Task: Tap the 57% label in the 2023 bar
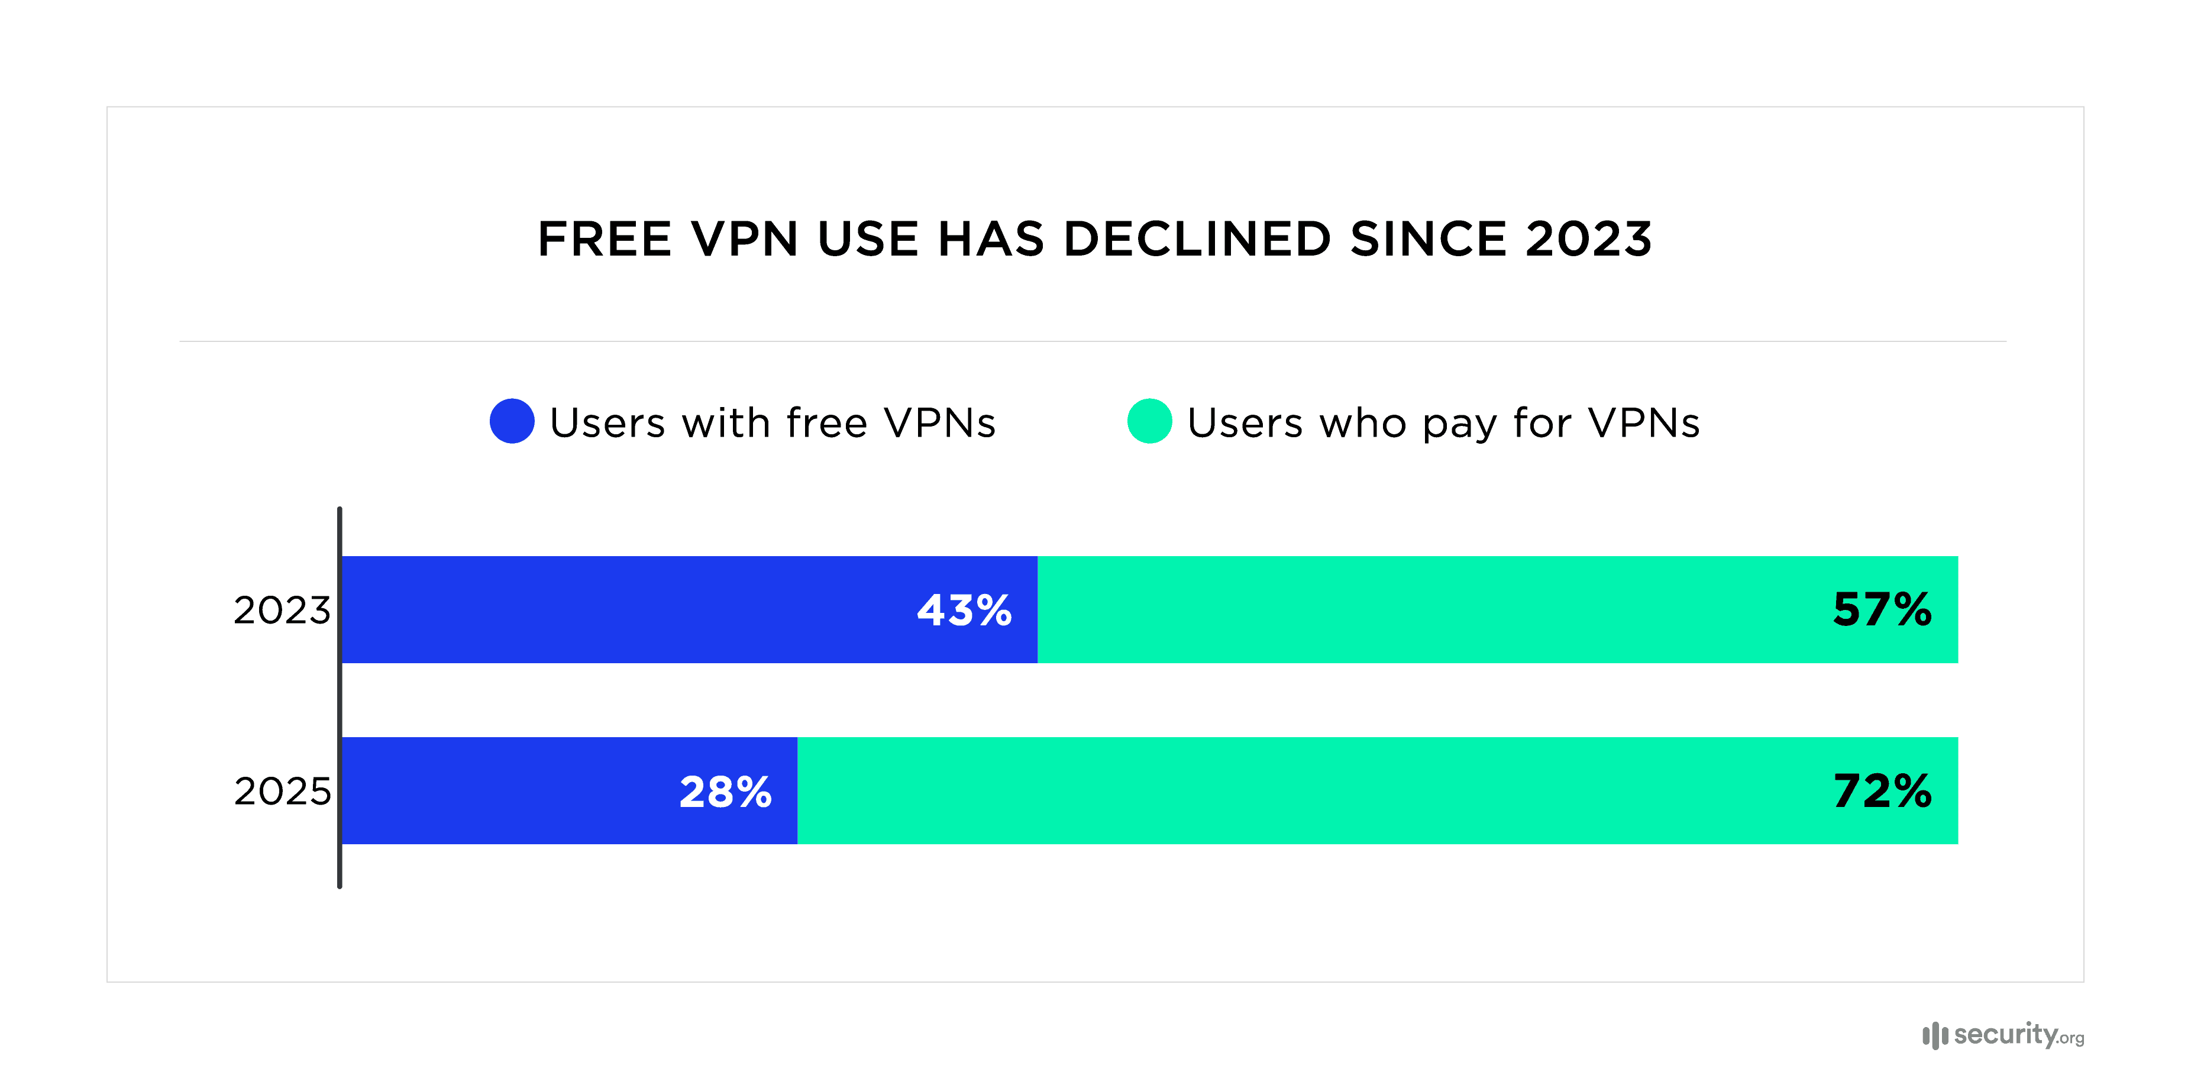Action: [x=1882, y=610]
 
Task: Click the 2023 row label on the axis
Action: [x=282, y=611]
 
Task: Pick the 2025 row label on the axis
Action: [x=282, y=792]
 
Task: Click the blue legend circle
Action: [x=512, y=421]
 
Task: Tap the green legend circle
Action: [x=1149, y=421]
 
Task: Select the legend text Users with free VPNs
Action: [x=773, y=423]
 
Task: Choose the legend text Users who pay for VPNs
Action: [x=1443, y=423]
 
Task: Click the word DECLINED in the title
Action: [x=1197, y=239]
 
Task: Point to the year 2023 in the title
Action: [x=1588, y=239]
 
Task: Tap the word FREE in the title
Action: [x=605, y=239]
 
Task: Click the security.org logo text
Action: [x=2018, y=1035]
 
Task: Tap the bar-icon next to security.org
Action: [x=1934, y=1035]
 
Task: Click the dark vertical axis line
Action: [x=340, y=698]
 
